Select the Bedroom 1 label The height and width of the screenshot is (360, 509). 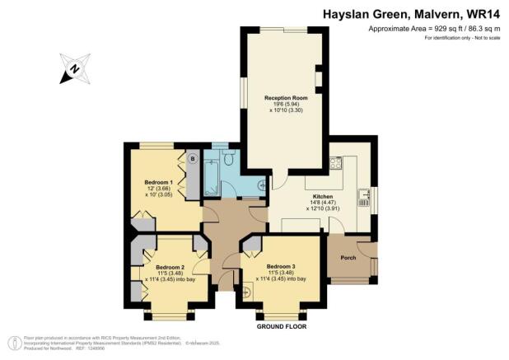click(x=157, y=181)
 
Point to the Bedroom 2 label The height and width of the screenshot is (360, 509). click(x=170, y=266)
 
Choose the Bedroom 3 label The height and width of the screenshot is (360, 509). click(x=280, y=266)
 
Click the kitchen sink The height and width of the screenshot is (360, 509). click(x=363, y=198)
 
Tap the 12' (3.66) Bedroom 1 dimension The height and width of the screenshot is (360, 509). click(x=158, y=188)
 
